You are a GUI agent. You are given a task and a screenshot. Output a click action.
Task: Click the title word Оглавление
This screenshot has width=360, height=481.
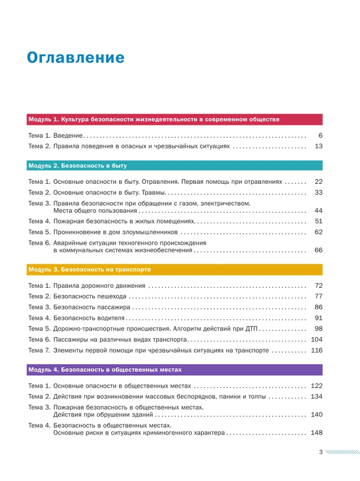[x=76, y=58]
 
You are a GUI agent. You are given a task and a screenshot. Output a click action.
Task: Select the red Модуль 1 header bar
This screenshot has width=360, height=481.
[x=174, y=119]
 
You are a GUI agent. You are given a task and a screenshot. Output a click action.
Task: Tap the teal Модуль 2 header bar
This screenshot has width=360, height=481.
[x=174, y=165]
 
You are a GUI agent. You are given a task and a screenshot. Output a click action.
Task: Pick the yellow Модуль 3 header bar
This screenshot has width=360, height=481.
[x=174, y=270]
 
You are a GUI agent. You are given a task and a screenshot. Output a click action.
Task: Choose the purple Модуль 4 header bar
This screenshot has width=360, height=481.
[x=174, y=369]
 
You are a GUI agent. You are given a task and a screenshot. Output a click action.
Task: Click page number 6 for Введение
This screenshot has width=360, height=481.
[x=320, y=136]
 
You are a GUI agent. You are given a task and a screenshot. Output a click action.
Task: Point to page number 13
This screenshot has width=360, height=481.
[x=318, y=146]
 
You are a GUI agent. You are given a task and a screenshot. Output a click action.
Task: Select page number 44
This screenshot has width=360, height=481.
[x=318, y=211]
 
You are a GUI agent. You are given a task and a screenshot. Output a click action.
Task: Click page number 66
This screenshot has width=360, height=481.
[x=318, y=250]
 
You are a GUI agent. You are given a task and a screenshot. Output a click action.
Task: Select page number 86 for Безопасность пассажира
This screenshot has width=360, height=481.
[x=318, y=307]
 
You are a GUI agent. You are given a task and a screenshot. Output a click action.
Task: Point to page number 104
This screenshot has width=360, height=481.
[x=317, y=339]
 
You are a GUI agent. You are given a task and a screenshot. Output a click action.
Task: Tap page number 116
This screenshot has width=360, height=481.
[x=317, y=350]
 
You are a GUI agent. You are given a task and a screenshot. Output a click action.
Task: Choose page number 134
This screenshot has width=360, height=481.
[x=317, y=396]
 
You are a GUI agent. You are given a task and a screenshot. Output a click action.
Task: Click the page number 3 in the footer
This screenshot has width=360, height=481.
[x=321, y=452]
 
